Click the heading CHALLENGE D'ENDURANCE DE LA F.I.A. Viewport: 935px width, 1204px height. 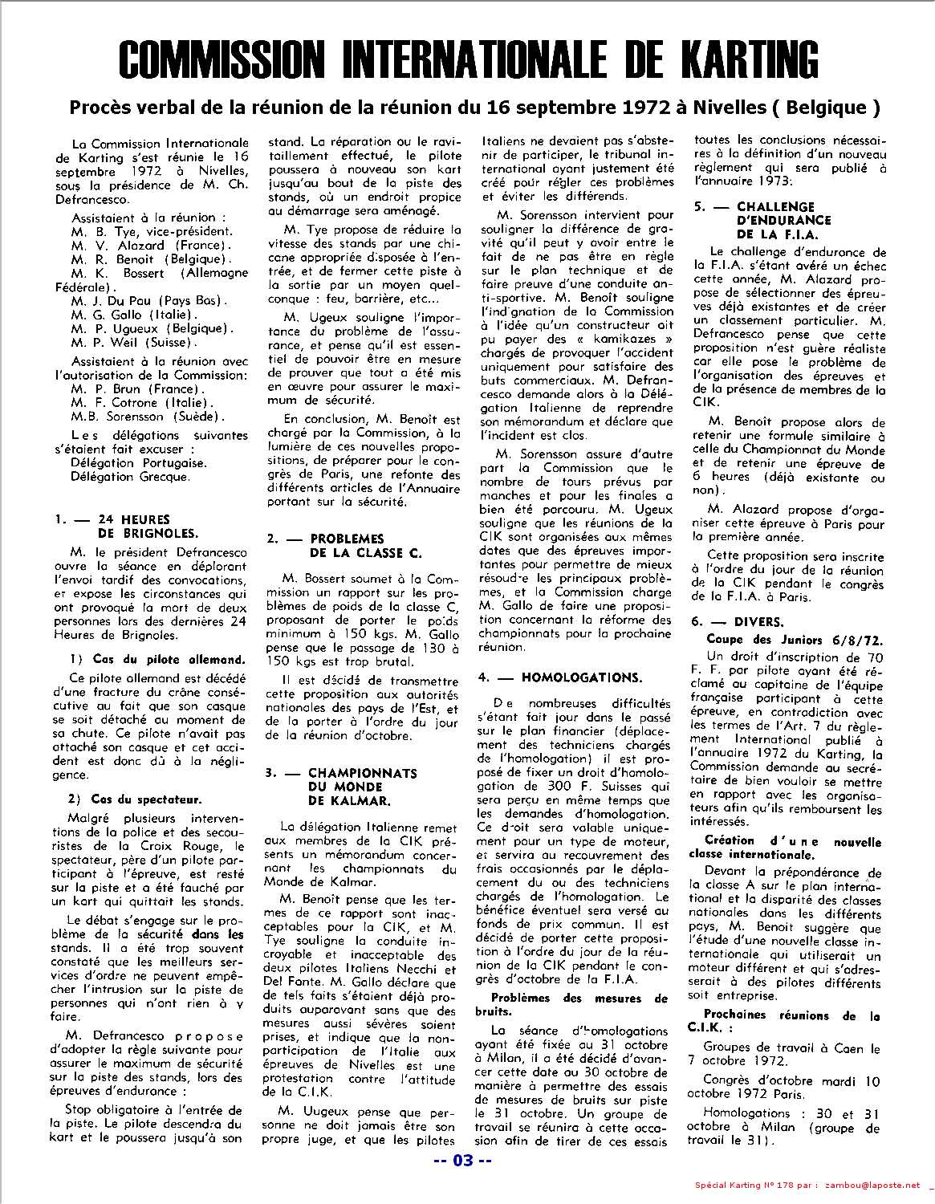click(771, 221)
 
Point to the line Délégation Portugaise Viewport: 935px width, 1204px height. click(137, 463)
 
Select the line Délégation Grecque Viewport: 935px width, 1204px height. click(130, 477)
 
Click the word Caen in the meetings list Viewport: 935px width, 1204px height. click(849, 1048)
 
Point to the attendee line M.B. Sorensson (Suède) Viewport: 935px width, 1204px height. click(148, 417)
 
